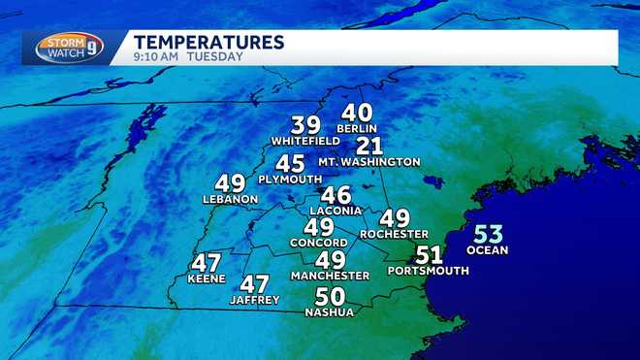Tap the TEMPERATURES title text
point(208,42)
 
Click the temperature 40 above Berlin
point(357,114)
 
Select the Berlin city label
point(357,129)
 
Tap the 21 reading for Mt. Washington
point(369,146)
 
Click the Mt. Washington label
point(369,162)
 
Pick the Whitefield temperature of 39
point(305,125)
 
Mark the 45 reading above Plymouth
point(290,164)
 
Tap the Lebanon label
point(230,199)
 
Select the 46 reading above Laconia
point(336,195)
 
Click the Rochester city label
point(394,234)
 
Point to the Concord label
point(319,242)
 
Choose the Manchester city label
point(332,276)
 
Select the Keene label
point(208,278)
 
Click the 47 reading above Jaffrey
point(255,284)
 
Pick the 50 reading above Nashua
point(331,297)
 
